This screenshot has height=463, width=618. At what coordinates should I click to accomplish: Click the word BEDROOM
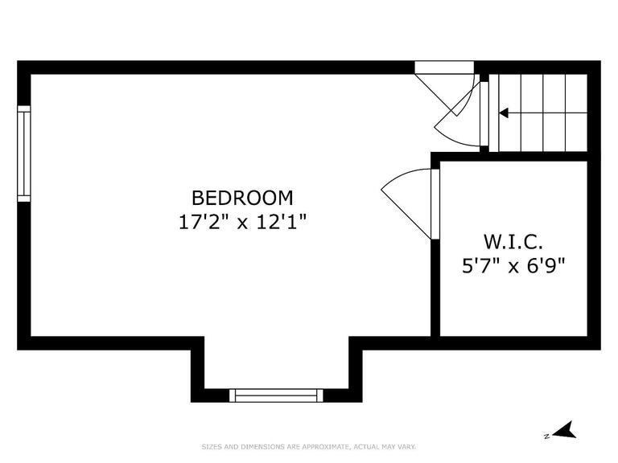242,197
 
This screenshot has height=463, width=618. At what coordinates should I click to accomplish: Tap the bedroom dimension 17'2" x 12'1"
242,221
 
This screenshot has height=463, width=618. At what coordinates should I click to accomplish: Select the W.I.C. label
513,241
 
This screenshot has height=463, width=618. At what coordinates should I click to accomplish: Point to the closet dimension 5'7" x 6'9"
513,264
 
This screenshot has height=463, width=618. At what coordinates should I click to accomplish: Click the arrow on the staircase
505,113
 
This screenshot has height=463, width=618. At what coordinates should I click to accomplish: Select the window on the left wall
24,153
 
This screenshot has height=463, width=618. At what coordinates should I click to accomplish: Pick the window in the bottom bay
276,395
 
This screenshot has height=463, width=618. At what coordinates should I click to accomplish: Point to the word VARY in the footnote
406,447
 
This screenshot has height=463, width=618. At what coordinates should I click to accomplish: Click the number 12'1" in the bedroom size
280,221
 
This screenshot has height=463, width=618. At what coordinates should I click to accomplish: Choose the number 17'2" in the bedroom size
204,221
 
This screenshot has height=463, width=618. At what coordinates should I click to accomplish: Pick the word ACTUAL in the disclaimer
361,447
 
